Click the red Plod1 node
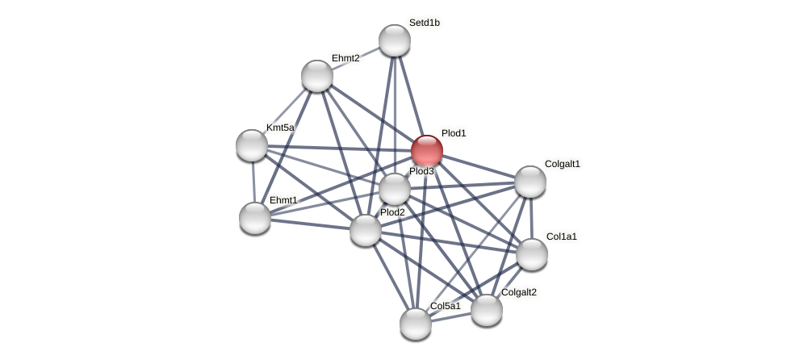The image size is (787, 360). [427, 151]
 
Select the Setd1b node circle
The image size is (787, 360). [395, 40]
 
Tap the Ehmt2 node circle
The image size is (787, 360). [317, 76]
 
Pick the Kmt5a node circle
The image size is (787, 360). [252, 145]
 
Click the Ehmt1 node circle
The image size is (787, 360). [255, 218]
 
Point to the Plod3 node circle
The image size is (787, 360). [395, 190]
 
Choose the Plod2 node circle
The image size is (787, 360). [366, 230]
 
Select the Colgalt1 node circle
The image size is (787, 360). [530, 182]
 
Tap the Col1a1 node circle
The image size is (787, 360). [532, 254]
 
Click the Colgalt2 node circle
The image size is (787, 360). [487, 310]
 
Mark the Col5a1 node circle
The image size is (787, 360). [416, 324]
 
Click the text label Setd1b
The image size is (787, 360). [424, 23]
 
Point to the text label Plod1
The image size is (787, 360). [454, 133]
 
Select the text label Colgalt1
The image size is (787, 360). [562, 164]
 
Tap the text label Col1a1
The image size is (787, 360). [561, 237]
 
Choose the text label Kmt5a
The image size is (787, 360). [280, 128]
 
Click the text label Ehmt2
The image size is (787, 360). [345, 58]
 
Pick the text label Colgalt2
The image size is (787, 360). [518, 292]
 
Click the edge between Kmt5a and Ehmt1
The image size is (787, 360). [253, 182]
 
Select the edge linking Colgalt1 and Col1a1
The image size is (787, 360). [531, 218]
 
